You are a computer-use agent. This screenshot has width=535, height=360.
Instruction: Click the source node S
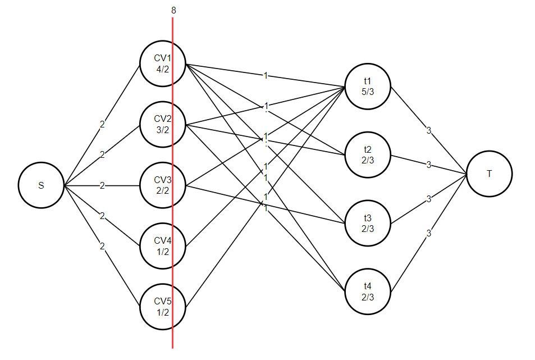coord(41,186)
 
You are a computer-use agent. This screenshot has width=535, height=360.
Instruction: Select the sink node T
coord(489,174)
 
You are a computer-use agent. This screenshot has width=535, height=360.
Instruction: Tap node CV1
coord(163,63)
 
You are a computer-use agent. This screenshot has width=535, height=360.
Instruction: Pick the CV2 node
coord(163,125)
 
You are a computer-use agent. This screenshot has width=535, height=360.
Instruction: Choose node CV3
coord(163,186)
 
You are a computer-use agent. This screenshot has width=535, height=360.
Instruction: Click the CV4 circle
coord(163,247)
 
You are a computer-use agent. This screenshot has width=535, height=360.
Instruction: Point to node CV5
coord(163,307)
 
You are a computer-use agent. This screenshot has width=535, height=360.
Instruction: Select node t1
coord(368,87)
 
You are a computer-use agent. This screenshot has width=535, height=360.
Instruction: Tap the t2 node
coord(368,156)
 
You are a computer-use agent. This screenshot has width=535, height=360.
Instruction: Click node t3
coord(368,224)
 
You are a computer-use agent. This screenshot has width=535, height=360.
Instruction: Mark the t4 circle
coord(368,292)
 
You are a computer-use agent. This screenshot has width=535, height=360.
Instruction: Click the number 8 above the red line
coord(173,10)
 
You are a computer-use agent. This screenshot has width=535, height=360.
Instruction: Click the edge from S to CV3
coord(121,186)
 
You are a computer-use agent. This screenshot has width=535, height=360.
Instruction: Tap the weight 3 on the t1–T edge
coord(428,131)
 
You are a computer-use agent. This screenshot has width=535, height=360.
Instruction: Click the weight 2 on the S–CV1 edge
coord(102,125)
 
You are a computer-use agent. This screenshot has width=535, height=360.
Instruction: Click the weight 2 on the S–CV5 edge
coord(102,246)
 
